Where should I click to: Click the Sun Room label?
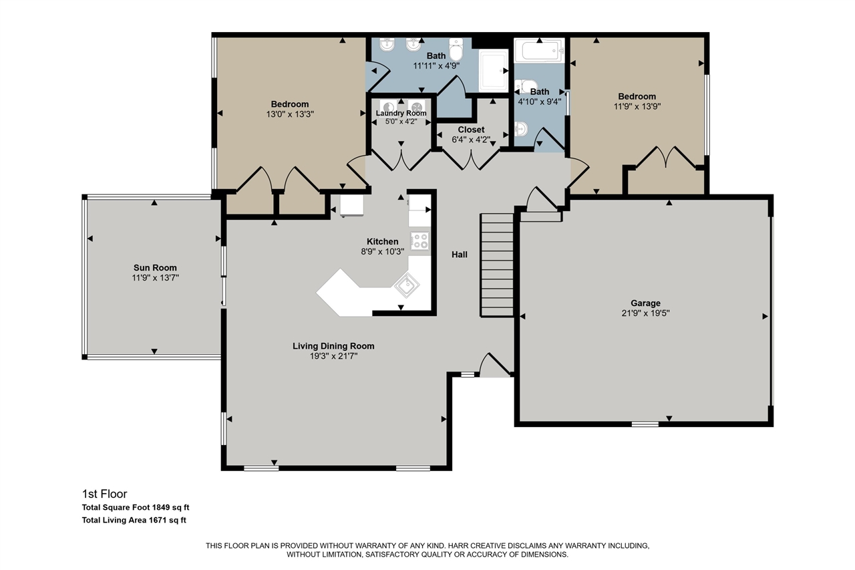(x=154, y=267)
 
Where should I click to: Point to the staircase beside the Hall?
(x=497, y=265)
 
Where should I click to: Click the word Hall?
(x=459, y=255)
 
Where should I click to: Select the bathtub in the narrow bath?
(x=539, y=50)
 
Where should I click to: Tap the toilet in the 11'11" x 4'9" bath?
(x=457, y=49)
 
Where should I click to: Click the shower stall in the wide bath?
(x=495, y=69)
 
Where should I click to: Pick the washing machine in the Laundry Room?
(x=387, y=106)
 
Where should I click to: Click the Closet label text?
(x=471, y=130)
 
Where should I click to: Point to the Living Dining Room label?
(x=333, y=346)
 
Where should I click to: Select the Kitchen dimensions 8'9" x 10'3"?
(x=383, y=251)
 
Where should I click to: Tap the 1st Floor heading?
(x=104, y=494)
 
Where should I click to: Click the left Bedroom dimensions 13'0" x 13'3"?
(x=289, y=114)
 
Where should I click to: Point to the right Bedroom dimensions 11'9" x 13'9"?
(x=637, y=106)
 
